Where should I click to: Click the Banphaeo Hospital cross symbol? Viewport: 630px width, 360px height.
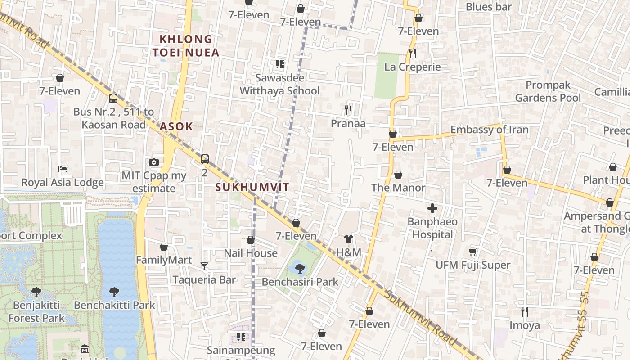coord(432,208)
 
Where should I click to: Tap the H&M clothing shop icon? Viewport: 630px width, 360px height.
coord(349,239)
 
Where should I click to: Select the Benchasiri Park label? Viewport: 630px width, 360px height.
coord(300,282)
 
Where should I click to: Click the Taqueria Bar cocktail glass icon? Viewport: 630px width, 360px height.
coord(204,266)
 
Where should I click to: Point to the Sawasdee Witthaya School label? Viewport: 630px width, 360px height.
coord(279,84)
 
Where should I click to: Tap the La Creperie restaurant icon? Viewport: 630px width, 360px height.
coord(412,54)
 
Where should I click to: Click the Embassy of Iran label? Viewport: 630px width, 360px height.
coord(489,130)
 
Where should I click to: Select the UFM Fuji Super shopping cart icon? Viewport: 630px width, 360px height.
coord(472,252)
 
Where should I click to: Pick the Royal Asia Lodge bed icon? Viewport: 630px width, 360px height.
coord(63,169)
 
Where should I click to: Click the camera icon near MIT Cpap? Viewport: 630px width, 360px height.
coord(154,162)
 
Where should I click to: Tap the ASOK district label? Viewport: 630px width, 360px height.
coord(176,126)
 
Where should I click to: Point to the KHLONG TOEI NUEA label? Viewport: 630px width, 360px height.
coord(186,46)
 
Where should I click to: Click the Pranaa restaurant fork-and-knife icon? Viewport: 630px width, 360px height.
coord(348,110)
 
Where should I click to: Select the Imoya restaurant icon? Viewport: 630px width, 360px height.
coord(524,311)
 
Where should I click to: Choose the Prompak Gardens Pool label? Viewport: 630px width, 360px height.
coord(548,91)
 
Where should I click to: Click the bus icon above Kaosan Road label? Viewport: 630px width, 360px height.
coord(113,98)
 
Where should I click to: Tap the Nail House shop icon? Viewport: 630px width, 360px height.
coord(251,240)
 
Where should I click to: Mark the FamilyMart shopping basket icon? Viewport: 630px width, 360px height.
coord(164,247)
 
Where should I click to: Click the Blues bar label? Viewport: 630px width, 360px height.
coord(489,7)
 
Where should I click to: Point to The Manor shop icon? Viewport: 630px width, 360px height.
coord(398,174)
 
